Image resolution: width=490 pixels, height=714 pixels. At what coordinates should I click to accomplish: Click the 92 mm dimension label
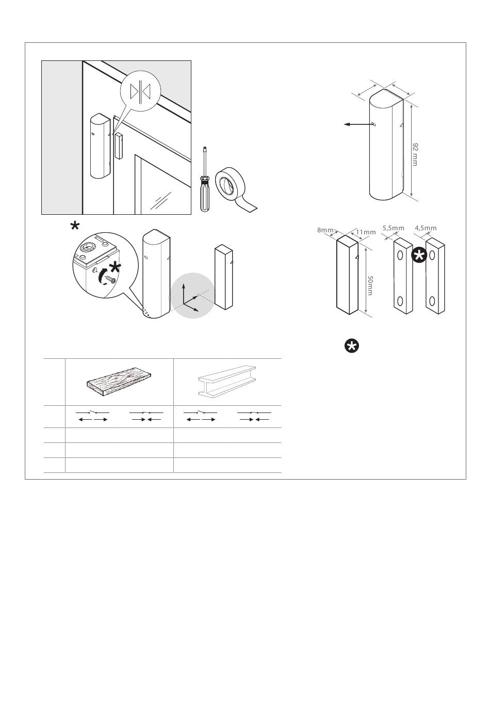coord(415,154)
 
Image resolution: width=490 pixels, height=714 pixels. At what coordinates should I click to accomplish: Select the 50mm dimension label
coord(370,285)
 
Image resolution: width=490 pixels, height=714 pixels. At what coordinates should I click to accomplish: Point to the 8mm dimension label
coord(325,230)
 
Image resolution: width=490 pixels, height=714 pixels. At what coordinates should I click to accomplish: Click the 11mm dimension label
coord(366,232)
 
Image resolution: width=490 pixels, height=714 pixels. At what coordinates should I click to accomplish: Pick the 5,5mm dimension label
coord(393,228)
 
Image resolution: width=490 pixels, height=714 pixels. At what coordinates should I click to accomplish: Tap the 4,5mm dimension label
coord(426,228)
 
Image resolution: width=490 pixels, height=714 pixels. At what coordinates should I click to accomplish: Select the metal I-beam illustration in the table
coord(227,381)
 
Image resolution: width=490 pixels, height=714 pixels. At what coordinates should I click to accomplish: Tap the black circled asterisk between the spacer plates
coord(419,256)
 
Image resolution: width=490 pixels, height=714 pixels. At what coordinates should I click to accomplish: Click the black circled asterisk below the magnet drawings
coord(352,346)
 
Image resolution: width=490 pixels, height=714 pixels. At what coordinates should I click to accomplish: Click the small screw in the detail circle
coord(110,279)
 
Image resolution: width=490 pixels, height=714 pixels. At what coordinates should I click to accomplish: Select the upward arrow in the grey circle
coord(184,294)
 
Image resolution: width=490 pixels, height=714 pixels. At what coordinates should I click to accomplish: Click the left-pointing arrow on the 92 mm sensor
coord(358,124)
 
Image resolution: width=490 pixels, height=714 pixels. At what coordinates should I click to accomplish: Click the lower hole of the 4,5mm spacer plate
coord(432,300)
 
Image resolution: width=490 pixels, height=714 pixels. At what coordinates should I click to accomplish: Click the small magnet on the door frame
coord(119,146)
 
